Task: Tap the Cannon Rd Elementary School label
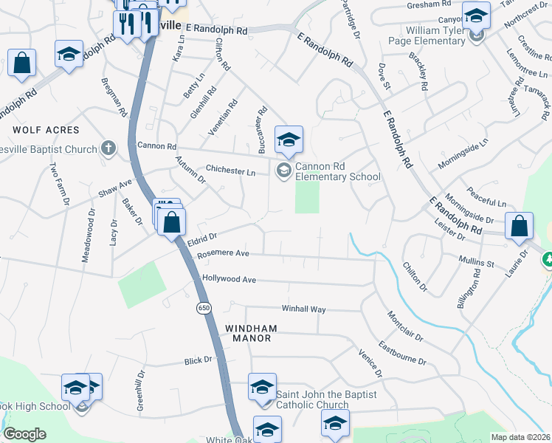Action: (337, 172)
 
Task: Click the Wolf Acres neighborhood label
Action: (46, 130)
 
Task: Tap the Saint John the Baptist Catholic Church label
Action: (325, 399)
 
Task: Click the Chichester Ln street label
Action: (230, 171)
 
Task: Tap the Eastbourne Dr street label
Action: (402, 353)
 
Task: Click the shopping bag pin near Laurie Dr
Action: (520, 225)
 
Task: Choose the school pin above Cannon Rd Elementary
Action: (289, 139)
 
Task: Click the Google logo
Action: (24, 434)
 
